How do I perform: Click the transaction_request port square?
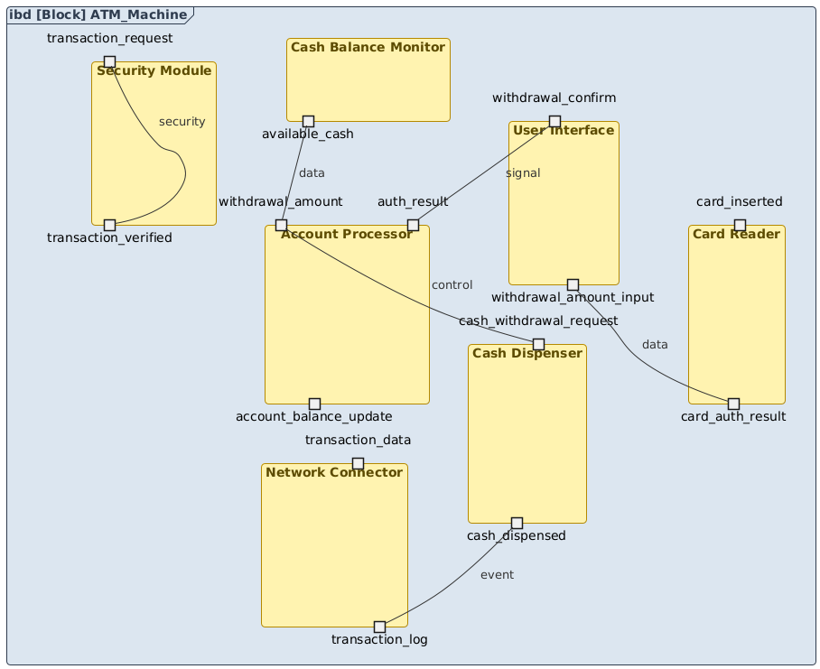click(109, 61)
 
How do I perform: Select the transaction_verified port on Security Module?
click(109, 225)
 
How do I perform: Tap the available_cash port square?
click(308, 121)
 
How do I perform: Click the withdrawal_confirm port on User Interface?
click(554, 121)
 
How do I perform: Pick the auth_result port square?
click(413, 225)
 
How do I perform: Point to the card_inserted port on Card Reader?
click(740, 225)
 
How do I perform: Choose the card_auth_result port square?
click(733, 404)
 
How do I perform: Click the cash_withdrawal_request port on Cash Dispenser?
click(538, 344)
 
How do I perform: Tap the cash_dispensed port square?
click(517, 523)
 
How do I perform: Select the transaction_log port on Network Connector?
click(379, 627)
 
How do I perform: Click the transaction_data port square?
click(358, 463)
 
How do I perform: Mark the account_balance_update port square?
click(314, 404)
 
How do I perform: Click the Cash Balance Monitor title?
click(368, 47)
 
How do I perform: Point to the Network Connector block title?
click(334, 472)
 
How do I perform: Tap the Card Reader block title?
click(736, 234)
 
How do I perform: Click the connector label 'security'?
click(182, 122)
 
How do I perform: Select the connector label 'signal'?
click(523, 173)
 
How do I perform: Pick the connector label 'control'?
click(452, 285)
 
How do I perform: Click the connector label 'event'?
click(497, 575)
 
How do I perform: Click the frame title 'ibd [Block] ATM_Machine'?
click(99, 14)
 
